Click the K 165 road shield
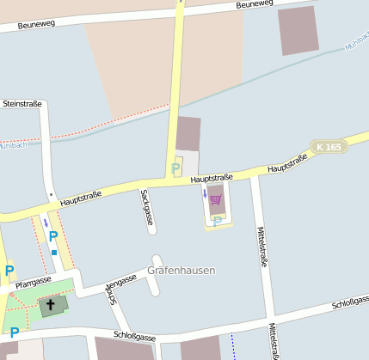(329, 147)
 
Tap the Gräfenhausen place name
(181, 270)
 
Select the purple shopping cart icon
(215, 200)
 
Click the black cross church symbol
(51, 304)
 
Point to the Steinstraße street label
(23, 104)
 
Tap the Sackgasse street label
(147, 207)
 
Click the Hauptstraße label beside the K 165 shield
(287, 162)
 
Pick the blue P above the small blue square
(53, 236)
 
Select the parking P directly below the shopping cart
(217, 221)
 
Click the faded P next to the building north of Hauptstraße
(177, 168)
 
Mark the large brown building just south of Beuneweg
(298, 30)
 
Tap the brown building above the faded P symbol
(188, 134)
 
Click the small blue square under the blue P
(54, 253)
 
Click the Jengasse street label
(121, 281)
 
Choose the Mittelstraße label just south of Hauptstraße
(262, 246)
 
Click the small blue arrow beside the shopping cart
(205, 194)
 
